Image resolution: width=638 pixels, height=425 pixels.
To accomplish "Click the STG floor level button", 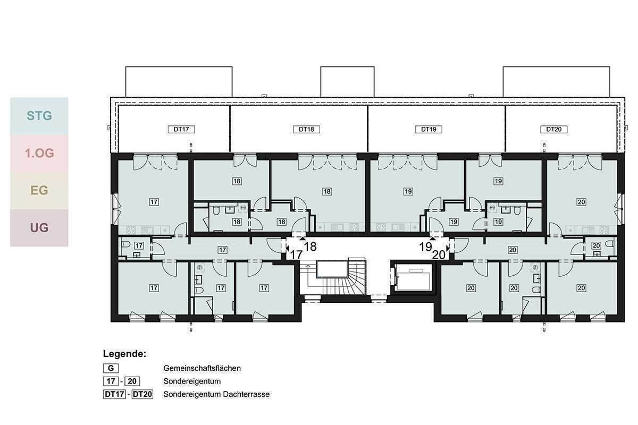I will click(x=39, y=115).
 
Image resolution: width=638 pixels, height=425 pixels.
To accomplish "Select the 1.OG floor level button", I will click(x=39, y=153).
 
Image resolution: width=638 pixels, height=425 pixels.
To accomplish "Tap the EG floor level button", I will click(x=39, y=190).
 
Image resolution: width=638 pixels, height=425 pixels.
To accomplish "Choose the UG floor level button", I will click(x=39, y=228).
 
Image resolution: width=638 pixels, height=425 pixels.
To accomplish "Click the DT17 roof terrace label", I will click(x=181, y=129).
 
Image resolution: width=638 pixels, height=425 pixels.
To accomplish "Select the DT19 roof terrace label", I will click(x=429, y=129).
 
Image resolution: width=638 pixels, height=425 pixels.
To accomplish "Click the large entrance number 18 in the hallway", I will click(x=310, y=246).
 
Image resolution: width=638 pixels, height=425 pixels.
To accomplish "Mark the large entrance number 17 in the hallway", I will click(x=296, y=255).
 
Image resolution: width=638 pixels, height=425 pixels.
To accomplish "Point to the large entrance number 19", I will click(x=426, y=246).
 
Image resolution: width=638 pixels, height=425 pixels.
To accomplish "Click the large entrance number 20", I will click(x=439, y=255).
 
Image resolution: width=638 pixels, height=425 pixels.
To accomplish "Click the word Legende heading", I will click(x=124, y=354).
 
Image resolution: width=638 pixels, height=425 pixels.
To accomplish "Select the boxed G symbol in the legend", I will click(x=111, y=368).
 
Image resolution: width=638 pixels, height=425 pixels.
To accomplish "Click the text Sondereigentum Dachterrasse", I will click(x=216, y=395).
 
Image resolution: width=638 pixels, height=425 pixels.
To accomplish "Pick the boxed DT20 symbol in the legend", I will click(x=142, y=395).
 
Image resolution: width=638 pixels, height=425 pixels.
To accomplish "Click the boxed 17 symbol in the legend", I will click(x=111, y=381).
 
